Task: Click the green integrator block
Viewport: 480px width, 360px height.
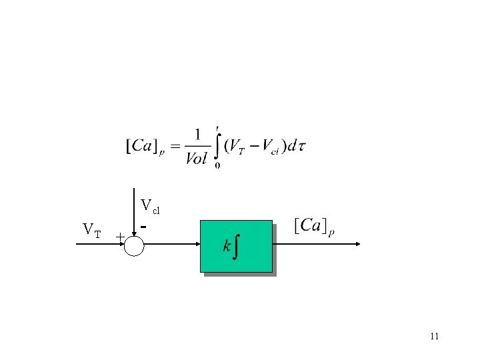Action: pos(237,246)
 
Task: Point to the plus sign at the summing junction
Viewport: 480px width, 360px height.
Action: pos(119,237)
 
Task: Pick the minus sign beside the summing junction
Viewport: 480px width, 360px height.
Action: pos(143,227)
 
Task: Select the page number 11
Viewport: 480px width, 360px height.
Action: pos(434,336)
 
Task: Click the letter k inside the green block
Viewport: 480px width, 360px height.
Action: pos(227,247)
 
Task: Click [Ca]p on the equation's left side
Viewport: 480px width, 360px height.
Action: pos(146,145)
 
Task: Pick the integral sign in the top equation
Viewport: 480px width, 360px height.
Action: pos(217,145)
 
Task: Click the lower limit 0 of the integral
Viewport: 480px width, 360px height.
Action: pos(218,165)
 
